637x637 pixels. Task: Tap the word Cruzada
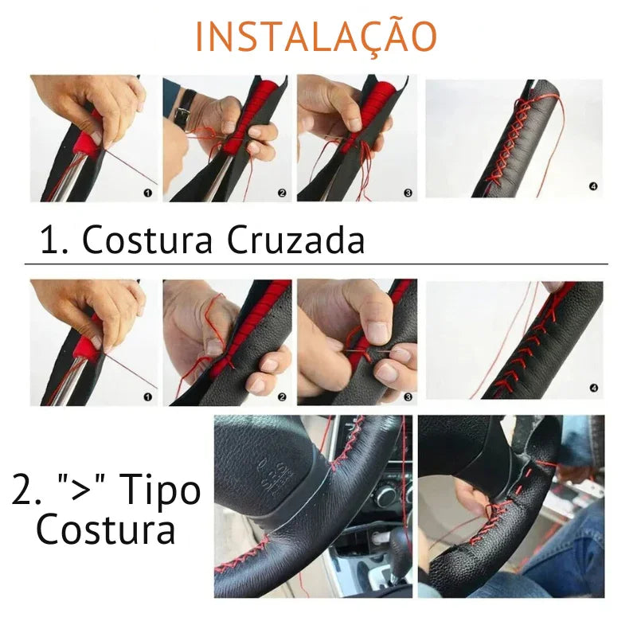[x=295, y=240]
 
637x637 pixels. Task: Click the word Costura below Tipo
[x=106, y=530]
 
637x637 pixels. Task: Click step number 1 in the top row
[x=148, y=193]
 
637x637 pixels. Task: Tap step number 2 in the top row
[x=282, y=193]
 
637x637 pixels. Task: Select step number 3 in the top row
[x=408, y=193]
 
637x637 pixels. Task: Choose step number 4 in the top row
[x=593, y=186]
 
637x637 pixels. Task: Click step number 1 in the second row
[x=148, y=397]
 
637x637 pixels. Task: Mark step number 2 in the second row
[x=282, y=397]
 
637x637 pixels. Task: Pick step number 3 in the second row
[x=408, y=397]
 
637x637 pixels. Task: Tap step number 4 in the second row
[x=593, y=389]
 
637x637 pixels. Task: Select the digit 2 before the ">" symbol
[x=21, y=490]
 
